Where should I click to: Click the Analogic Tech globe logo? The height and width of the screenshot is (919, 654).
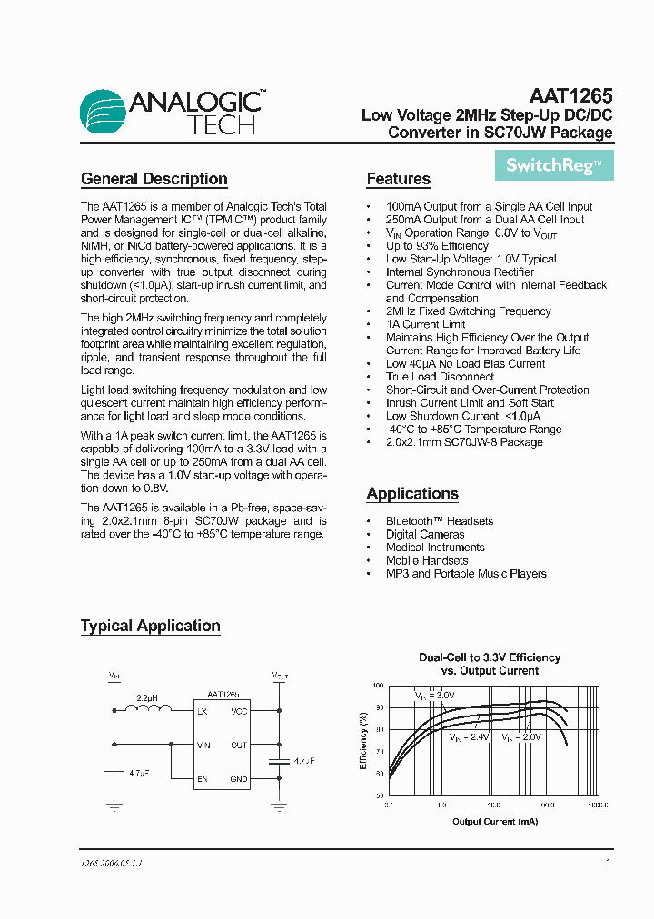point(104,113)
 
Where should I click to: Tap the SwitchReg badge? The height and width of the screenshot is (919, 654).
point(553,165)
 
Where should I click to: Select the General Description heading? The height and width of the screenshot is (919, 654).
point(154,179)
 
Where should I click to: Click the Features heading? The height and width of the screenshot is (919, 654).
point(398,179)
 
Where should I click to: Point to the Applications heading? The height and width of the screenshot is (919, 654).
point(411,493)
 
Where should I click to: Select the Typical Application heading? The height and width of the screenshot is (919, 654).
point(150,626)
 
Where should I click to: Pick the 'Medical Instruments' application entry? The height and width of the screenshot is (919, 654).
point(435,548)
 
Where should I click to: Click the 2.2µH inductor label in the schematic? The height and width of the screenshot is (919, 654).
point(147,697)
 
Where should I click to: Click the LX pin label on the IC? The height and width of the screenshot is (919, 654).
point(202,711)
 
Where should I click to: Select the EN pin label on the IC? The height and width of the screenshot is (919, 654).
point(203,778)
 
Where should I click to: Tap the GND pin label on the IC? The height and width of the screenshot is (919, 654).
point(239,778)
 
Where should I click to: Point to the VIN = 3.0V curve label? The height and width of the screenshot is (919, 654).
point(433,695)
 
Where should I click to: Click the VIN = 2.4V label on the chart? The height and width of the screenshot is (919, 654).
point(470,738)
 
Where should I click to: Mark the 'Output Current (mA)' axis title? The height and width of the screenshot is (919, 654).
point(494,821)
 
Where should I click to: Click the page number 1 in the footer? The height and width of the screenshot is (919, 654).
point(608,863)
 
